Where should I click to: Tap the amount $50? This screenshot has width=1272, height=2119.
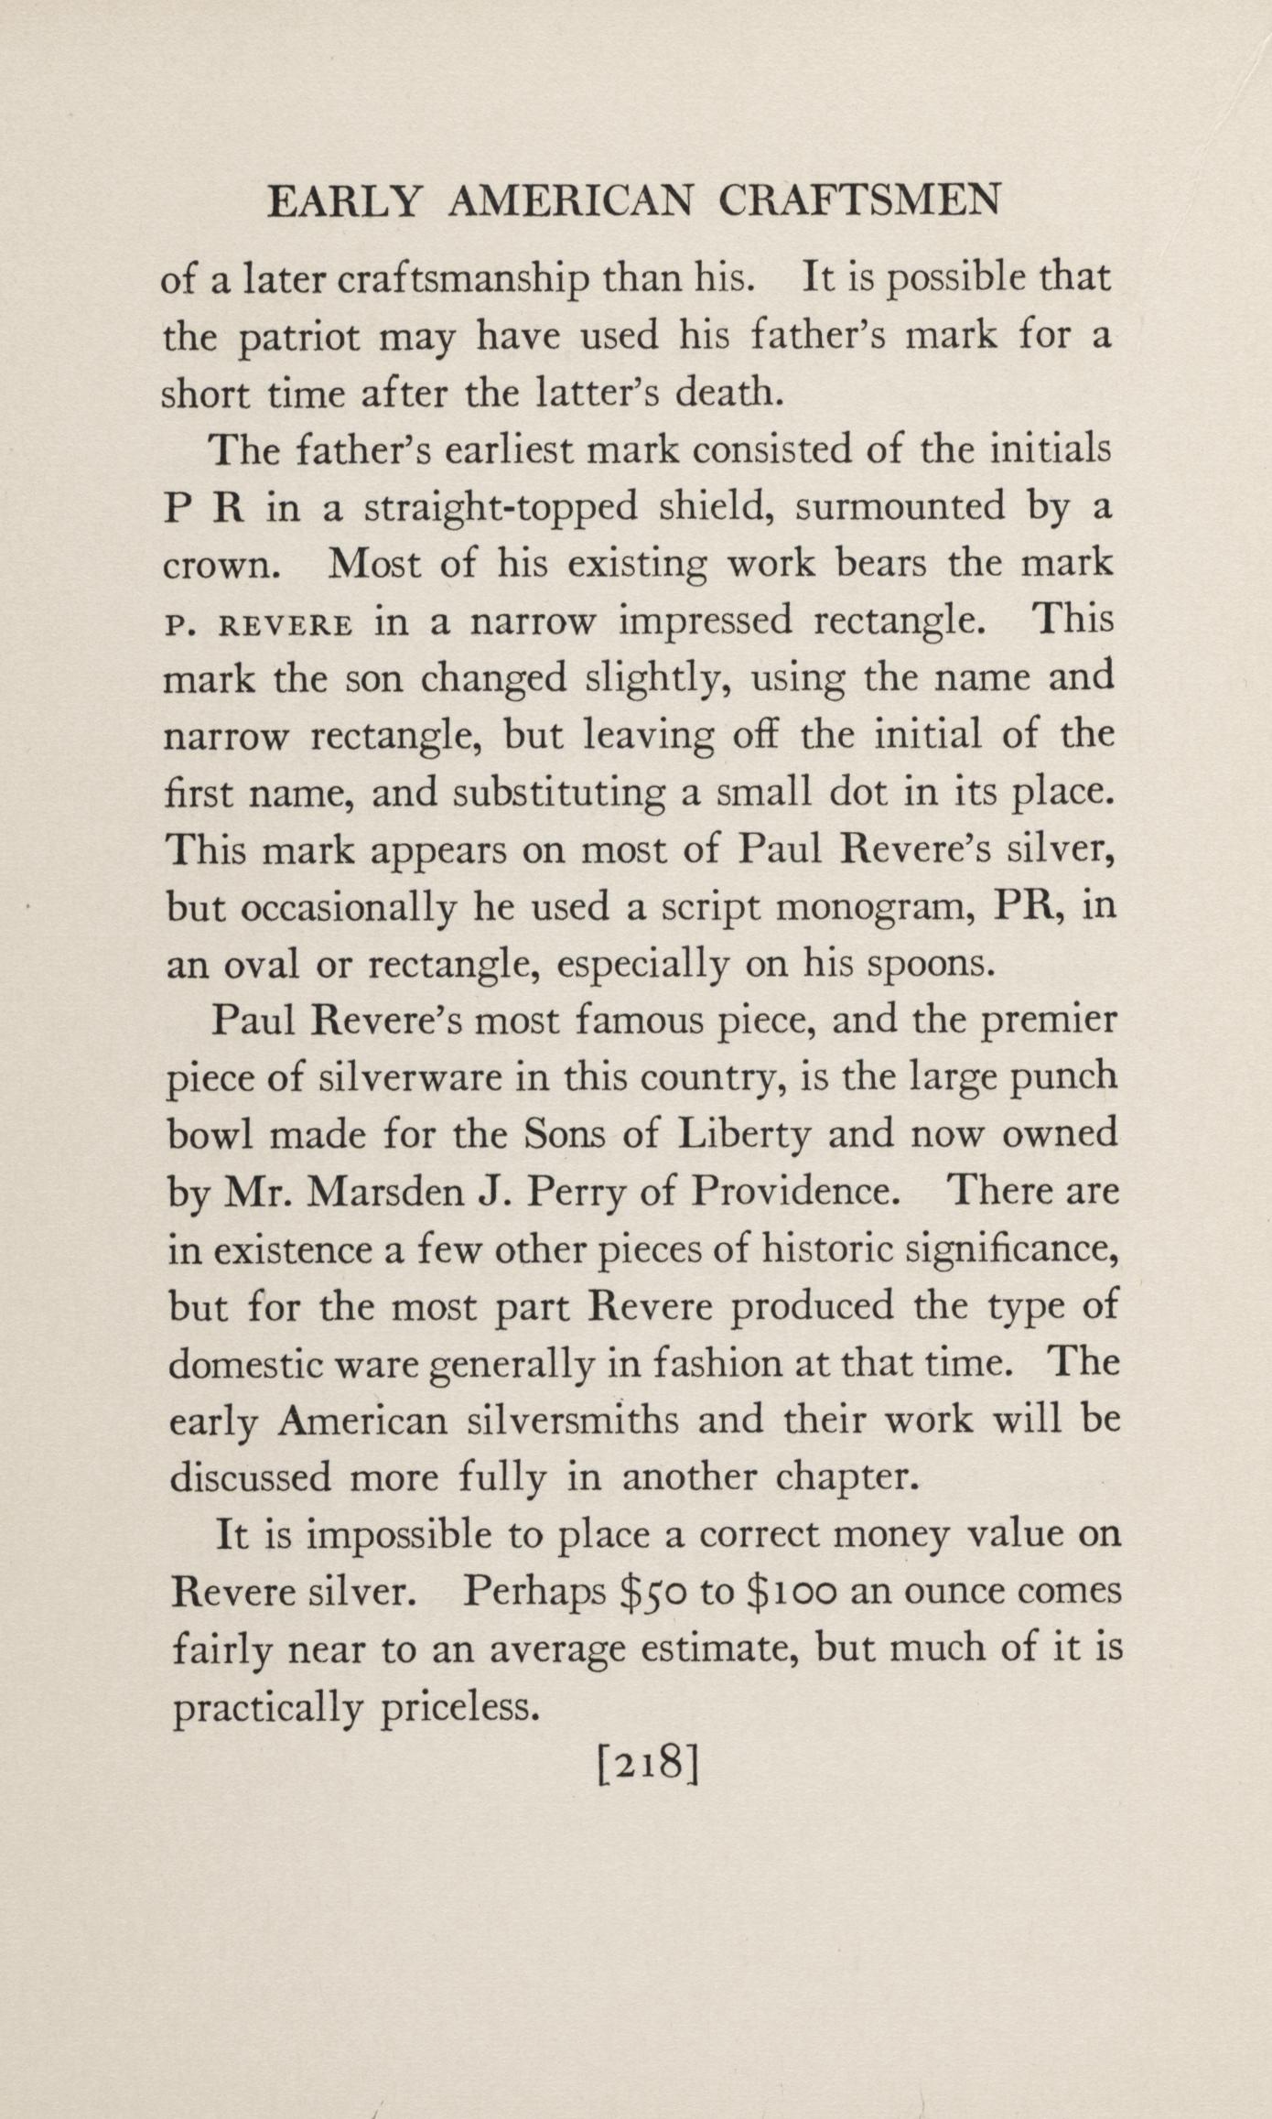(651, 1594)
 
